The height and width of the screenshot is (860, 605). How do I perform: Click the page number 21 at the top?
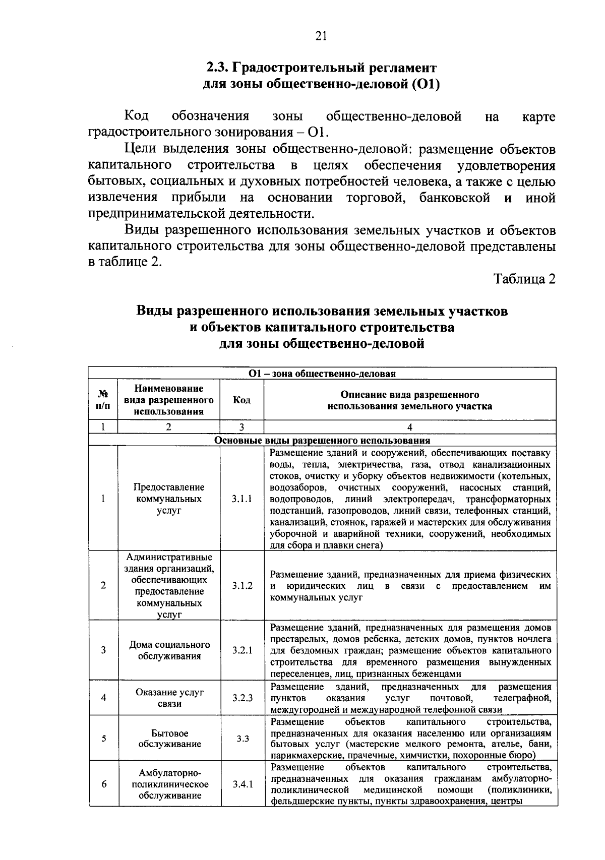321,36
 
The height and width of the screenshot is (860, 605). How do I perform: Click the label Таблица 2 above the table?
524,279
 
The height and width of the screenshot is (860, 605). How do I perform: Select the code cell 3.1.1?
242,499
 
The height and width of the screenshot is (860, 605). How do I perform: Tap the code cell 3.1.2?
242,586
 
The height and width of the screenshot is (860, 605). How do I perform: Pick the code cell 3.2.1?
242,650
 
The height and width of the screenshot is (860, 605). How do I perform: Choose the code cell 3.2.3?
242,698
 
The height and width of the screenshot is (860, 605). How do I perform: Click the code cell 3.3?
243,739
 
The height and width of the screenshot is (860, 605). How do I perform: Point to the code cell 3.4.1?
243,784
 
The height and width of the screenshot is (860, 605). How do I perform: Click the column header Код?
242,400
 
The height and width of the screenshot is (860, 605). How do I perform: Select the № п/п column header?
103,400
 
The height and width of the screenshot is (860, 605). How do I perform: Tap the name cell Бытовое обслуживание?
169,739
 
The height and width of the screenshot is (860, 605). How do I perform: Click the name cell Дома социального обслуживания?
169,650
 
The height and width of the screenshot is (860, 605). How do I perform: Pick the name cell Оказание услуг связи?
169,698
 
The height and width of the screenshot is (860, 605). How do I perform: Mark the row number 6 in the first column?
103,784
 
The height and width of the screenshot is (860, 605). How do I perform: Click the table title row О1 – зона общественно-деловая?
322,374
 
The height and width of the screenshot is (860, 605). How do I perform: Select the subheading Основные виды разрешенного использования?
322,440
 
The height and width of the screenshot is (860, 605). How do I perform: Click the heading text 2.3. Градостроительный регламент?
321,68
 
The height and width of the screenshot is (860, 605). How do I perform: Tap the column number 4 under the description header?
409,427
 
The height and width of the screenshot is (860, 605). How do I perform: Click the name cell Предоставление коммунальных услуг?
169,499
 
